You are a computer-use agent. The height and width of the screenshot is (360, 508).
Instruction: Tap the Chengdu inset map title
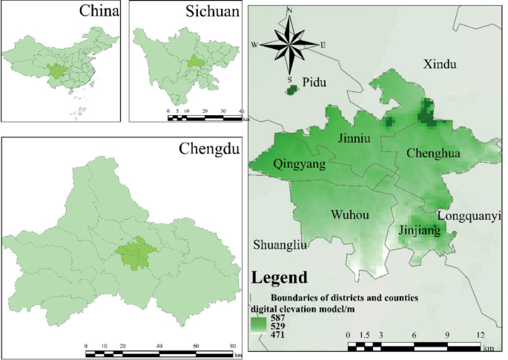click(209, 149)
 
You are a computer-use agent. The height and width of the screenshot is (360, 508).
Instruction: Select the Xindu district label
click(440, 65)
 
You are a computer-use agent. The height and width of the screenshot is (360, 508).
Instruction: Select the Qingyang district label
click(299, 164)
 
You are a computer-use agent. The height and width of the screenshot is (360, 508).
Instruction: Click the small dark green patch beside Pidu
click(291, 90)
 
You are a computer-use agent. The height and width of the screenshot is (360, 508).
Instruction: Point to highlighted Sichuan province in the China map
click(56, 72)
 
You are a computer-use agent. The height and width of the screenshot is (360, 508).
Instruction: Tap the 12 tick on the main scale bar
click(484, 336)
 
